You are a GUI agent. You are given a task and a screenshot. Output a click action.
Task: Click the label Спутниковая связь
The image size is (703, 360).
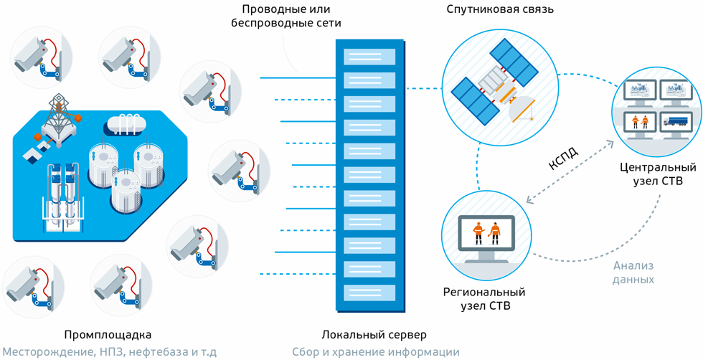[x=499, y=9]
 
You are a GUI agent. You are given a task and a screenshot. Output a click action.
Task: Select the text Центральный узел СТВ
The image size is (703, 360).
[x=658, y=174]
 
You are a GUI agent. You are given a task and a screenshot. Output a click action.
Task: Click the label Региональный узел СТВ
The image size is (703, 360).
[x=484, y=300]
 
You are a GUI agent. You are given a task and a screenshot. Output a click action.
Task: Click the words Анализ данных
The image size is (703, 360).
[x=633, y=273]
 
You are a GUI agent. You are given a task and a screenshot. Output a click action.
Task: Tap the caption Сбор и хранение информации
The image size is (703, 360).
[x=375, y=352]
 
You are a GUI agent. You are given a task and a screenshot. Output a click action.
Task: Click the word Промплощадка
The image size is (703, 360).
[x=108, y=335]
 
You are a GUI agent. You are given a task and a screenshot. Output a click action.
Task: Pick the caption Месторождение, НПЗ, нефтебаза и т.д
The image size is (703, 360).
[x=108, y=352]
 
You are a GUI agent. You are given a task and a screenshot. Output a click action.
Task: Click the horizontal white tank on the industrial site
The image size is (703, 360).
[x=124, y=123]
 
